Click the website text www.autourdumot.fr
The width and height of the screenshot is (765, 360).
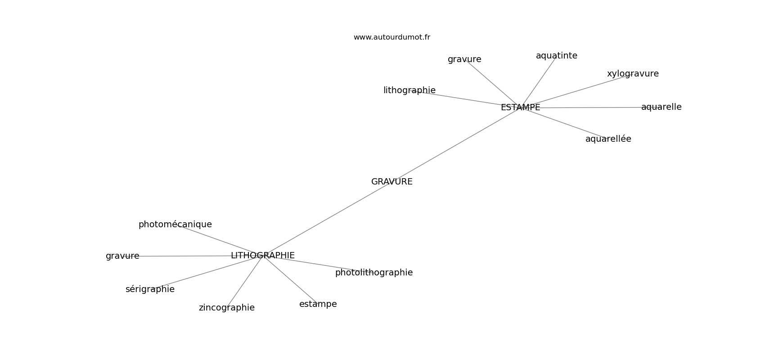[391, 37]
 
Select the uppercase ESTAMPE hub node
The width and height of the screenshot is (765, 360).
[520, 108]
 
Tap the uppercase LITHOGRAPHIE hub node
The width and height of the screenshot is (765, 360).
[262, 256]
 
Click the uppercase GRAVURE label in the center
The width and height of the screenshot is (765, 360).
[391, 182]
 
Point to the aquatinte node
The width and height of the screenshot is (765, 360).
[556, 56]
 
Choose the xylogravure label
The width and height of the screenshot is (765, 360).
[632, 74]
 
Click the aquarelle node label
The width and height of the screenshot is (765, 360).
[661, 107]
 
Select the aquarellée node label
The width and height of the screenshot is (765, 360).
[608, 139]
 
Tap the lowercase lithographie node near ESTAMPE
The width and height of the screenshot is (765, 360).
[409, 90]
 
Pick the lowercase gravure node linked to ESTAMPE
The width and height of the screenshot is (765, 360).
[464, 59]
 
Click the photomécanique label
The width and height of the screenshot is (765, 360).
[175, 225]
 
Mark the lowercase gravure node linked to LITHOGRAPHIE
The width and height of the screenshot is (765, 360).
[122, 256]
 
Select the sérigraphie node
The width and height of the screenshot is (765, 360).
[150, 289]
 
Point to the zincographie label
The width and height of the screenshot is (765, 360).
[226, 308]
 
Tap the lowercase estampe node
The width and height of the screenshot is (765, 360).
[318, 304]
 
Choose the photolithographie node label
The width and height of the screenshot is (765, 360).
[373, 273]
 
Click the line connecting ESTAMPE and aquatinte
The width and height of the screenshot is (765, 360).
[538, 82]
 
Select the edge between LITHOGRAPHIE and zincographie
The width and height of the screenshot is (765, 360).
[245, 281]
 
